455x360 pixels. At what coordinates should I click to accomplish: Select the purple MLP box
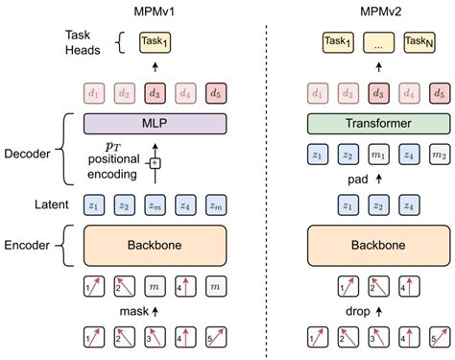click(155, 124)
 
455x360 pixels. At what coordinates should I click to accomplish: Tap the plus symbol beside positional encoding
click(155, 163)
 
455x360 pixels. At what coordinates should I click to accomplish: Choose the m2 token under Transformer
click(439, 155)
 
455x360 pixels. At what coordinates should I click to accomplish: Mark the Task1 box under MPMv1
click(155, 41)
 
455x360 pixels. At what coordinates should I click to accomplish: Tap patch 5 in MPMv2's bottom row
click(439, 337)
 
